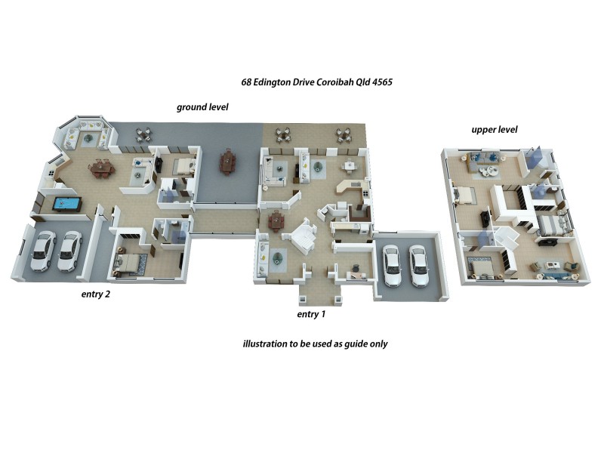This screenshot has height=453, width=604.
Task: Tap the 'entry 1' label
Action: coord(311,313)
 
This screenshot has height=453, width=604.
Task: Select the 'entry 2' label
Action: coord(96,294)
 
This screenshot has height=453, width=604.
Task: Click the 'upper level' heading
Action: coord(494,130)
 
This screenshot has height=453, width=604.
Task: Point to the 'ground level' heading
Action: coord(202,107)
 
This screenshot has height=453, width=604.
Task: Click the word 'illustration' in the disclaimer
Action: coord(265,344)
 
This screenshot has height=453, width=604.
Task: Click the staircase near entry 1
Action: coord(307,236)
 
